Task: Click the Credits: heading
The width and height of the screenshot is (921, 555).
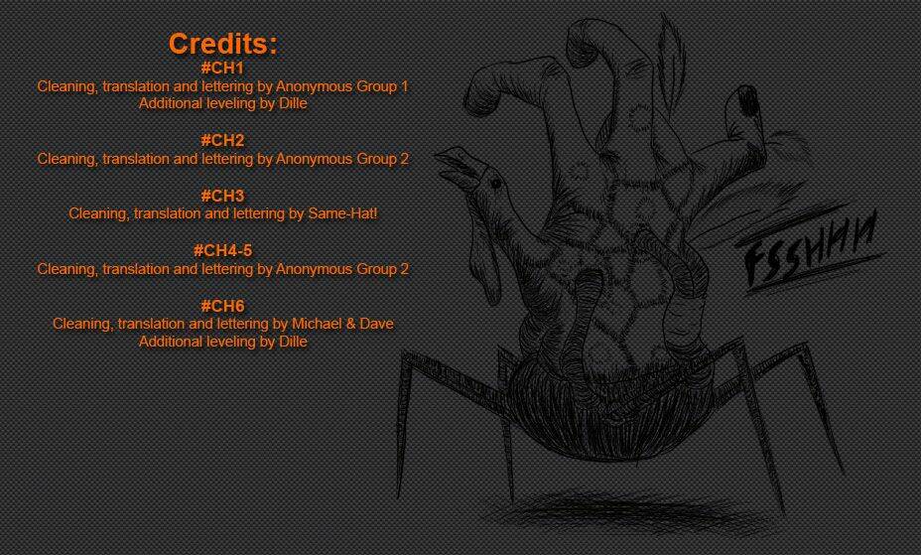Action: tap(222, 44)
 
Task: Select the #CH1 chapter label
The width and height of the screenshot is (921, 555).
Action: tap(222, 68)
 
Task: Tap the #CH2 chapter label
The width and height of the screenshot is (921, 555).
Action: tap(222, 140)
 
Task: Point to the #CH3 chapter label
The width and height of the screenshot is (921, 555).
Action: tap(222, 196)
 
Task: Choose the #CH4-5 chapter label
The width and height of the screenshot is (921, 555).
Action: tap(222, 251)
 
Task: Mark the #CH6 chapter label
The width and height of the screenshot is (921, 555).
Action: tap(222, 306)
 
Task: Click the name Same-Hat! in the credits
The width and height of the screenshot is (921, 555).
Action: tap(342, 213)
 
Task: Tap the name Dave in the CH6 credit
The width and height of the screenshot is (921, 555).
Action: tap(376, 324)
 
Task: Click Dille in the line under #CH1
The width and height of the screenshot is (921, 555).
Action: tap(293, 103)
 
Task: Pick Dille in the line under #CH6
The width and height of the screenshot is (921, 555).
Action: tap(293, 342)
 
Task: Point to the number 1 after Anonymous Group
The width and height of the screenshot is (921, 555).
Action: tap(404, 86)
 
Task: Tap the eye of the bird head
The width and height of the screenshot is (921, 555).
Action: tap(496, 184)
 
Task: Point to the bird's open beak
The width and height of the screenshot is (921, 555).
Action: tap(457, 164)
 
